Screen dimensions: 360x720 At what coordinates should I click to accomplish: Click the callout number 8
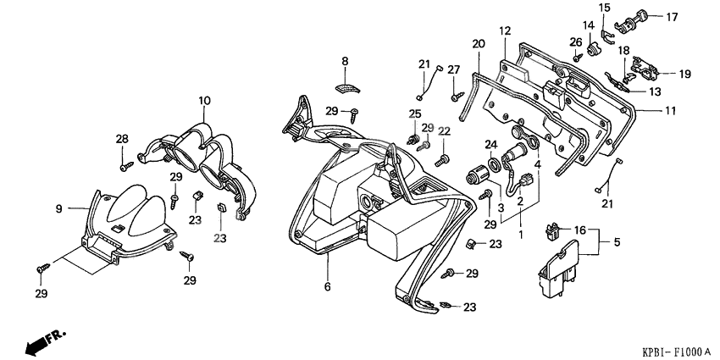(346, 61)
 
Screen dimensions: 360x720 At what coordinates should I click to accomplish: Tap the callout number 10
(203, 101)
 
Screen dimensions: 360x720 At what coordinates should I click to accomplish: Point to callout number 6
(327, 287)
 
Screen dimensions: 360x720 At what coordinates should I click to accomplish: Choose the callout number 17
(672, 16)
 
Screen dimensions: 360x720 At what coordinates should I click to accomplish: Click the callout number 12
(505, 31)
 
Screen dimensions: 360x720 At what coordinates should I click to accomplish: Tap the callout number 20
(478, 43)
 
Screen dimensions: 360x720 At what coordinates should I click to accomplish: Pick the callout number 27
(454, 69)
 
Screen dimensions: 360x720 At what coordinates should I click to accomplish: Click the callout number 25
(414, 114)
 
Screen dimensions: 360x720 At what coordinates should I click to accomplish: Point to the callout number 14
(588, 25)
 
